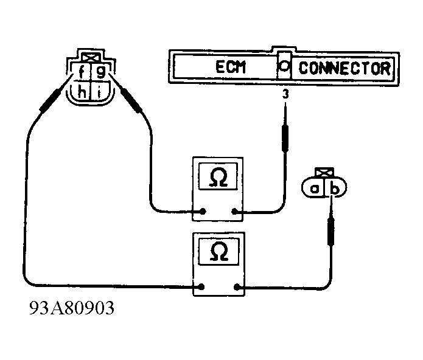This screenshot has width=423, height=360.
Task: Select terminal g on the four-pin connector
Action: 100,72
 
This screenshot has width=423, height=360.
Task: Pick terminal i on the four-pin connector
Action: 99,92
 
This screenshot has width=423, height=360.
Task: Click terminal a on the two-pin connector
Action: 315,190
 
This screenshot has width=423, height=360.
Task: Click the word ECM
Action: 230,67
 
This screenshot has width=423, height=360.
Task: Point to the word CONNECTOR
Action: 344,67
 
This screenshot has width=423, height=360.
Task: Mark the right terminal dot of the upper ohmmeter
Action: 235,212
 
